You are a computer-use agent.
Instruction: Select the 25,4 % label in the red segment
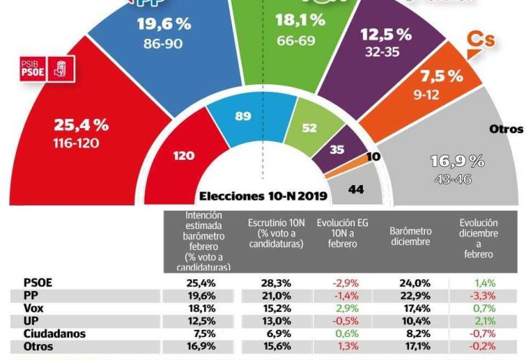(x=81, y=125)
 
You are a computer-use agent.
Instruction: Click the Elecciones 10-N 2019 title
(x=263, y=196)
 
